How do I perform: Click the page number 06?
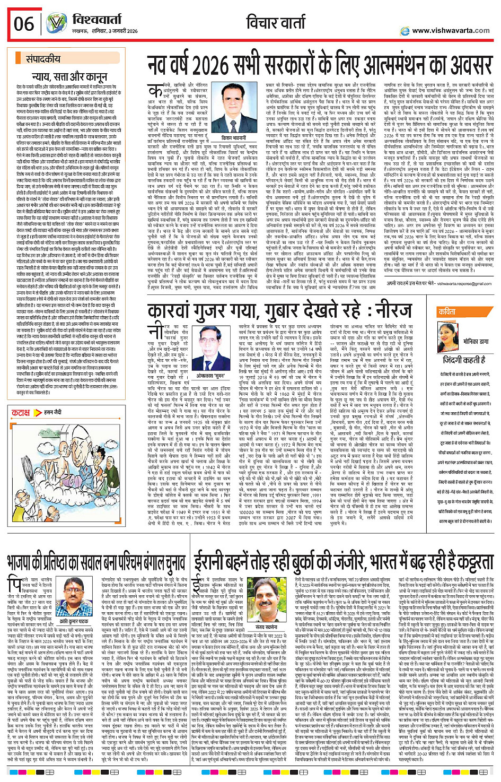[x=24, y=24]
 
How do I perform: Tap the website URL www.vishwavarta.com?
[x=451, y=31]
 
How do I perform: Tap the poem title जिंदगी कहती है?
[x=464, y=359]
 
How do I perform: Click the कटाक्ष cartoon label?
[x=21, y=412]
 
